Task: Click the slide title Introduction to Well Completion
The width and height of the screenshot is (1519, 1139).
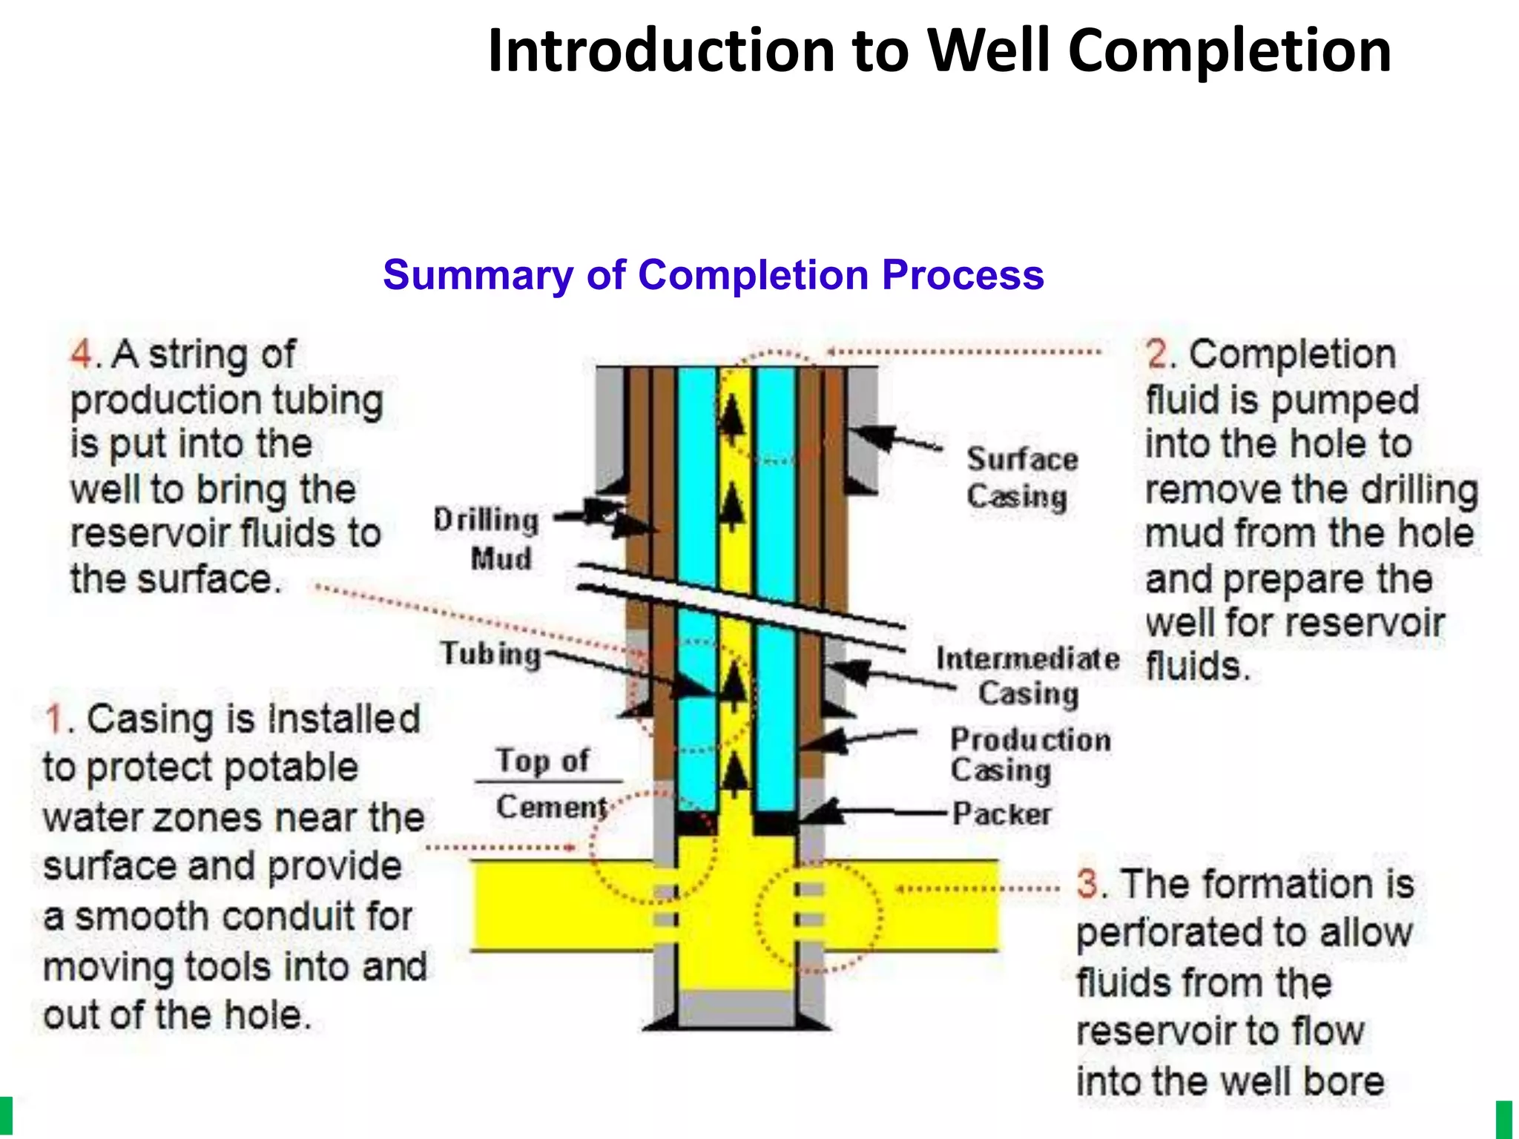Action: (939, 50)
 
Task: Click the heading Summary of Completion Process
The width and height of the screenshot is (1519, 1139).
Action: (713, 275)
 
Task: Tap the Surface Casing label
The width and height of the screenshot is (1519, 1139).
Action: (1021, 478)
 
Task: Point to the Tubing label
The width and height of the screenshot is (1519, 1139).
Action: (491, 653)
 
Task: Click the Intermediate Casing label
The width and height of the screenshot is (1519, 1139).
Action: (1027, 675)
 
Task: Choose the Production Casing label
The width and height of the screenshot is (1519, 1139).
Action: (1029, 754)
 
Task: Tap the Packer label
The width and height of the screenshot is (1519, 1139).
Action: (1001, 814)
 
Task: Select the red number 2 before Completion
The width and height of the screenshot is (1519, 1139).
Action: (1158, 354)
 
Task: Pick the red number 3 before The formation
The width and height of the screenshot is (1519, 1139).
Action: (1088, 884)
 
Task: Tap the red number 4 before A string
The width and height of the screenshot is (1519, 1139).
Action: (81, 354)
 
